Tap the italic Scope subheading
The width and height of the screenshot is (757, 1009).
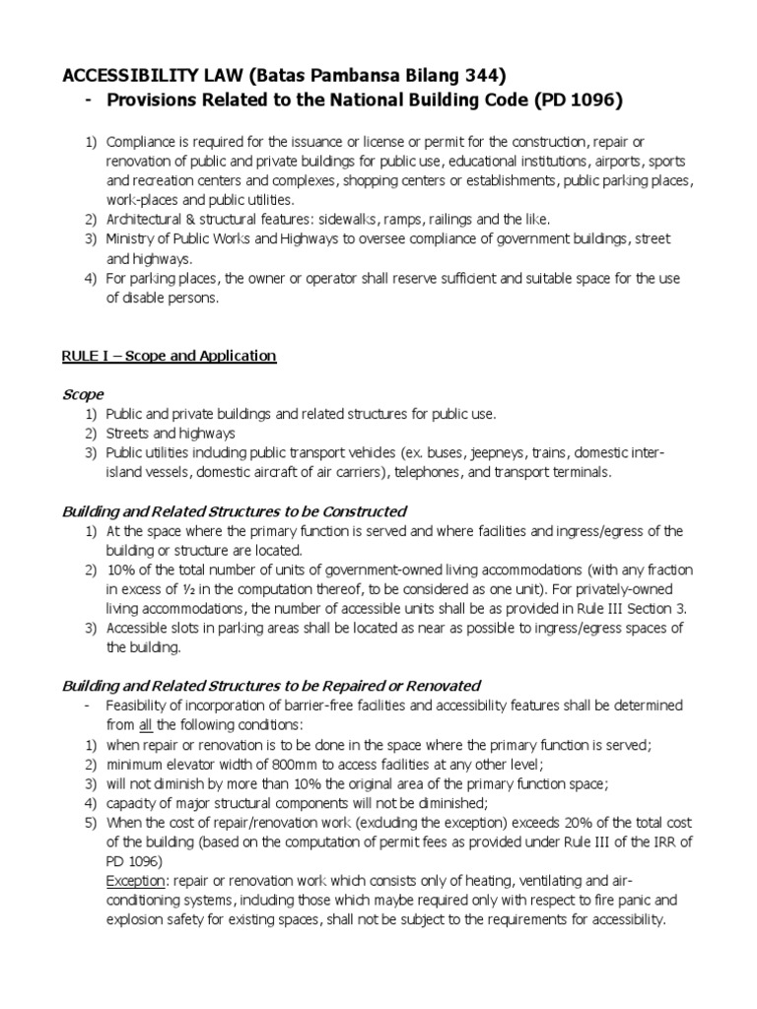pos(83,394)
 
